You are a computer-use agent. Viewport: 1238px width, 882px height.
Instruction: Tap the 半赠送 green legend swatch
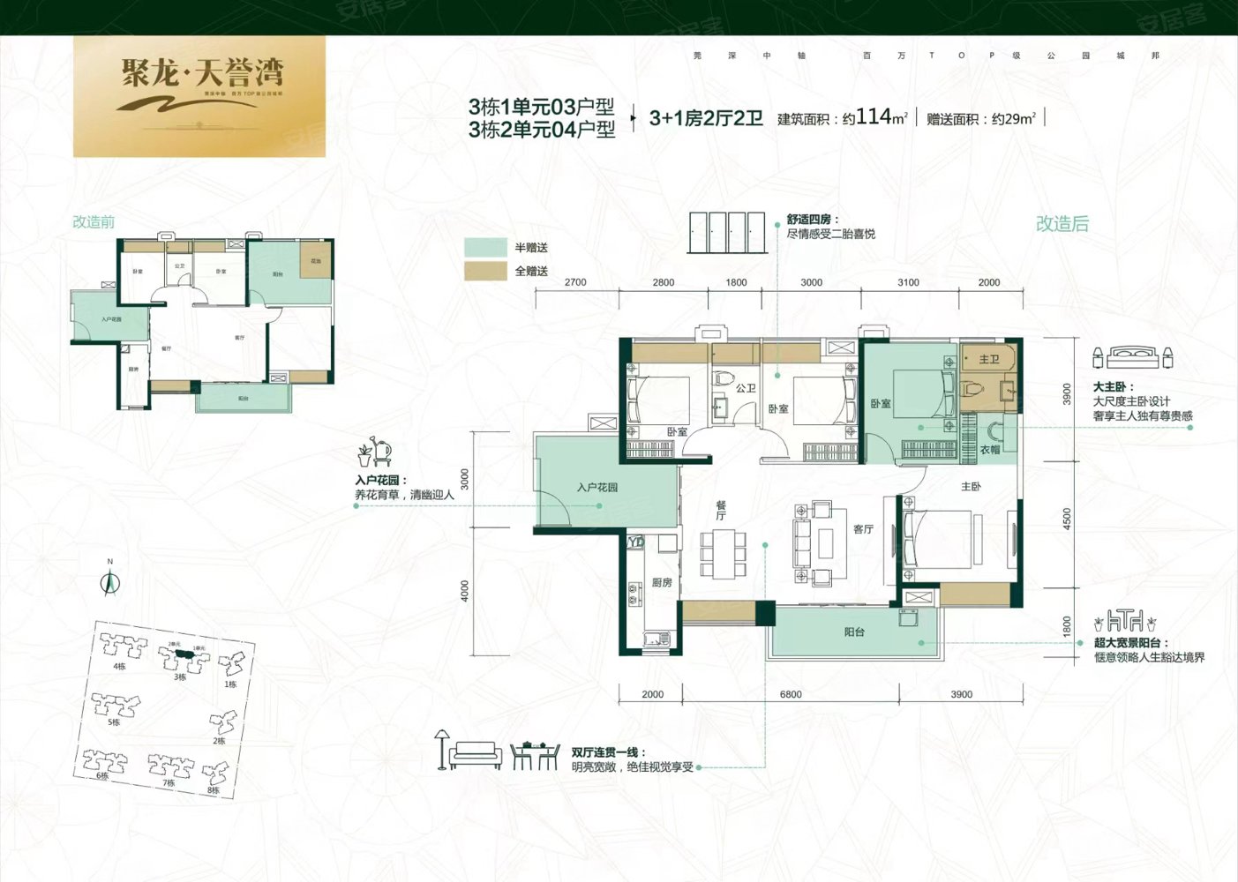coord(485,247)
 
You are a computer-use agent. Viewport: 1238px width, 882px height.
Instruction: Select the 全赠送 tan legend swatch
coord(485,271)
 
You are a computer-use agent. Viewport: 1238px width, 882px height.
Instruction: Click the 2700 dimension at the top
coord(575,283)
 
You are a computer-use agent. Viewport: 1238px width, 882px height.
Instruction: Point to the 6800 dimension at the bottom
coord(791,695)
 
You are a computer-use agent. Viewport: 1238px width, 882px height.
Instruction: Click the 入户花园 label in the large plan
coord(597,488)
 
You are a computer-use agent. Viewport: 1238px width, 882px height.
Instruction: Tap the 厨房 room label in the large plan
coord(662,583)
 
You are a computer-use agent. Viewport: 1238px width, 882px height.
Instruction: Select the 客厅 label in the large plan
coord(863,529)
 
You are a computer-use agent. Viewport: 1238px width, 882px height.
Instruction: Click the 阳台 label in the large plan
coord(854,632)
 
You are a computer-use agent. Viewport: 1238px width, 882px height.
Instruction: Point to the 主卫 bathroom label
coord(989,360)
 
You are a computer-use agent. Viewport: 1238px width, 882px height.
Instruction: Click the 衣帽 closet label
coord(990,450)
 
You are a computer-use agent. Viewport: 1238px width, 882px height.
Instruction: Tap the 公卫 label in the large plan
coord(746,388)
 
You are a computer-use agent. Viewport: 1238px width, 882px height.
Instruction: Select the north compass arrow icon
coord(109,581)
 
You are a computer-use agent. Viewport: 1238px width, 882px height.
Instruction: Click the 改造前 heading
coord(94,222)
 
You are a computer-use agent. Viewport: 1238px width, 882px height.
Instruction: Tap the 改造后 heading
coord(1062,224)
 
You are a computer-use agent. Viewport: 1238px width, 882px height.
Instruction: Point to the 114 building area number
coord(873,116)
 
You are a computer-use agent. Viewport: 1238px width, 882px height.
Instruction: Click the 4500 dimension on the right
coord(1068,518)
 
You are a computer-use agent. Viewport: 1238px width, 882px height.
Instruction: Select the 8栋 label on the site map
coord(213,790)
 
